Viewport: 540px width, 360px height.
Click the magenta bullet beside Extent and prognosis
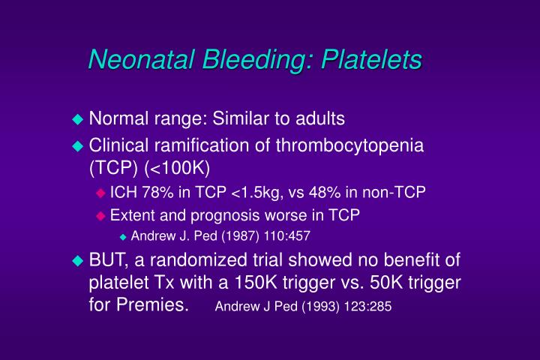[101, 216]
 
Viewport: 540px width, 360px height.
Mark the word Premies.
[156, 307]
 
